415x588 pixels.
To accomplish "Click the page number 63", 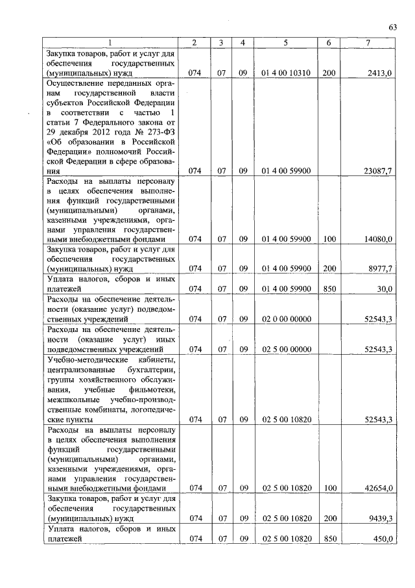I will [x=392, y=27].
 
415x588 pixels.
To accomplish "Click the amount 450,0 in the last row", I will [x=381, y=539].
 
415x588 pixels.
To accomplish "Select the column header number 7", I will [x=368, y=43].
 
